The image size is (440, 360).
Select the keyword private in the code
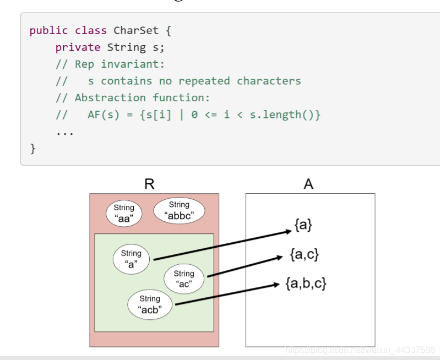coord(78,47)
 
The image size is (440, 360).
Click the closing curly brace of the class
coord(32,148)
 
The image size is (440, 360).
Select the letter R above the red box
coord(149,184)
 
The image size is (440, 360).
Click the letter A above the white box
coord(308,184)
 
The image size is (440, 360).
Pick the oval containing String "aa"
coord(124,213)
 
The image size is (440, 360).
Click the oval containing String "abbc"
coord(179,211)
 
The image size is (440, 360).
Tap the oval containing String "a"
coord(131,259)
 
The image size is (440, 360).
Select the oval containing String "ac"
coord(184,279)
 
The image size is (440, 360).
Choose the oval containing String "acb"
coord(149,304)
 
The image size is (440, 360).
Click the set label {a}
coord(303,225)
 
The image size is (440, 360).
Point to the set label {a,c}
coord(305,254)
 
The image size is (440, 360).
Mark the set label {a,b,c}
coord(306,284)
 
